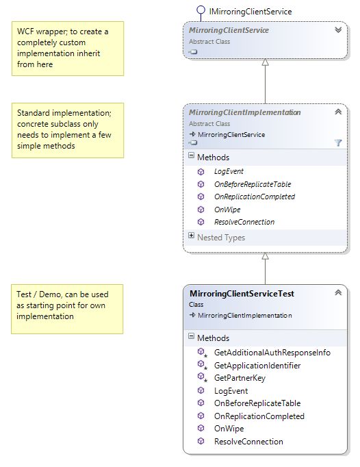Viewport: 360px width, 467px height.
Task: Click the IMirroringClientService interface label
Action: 253,12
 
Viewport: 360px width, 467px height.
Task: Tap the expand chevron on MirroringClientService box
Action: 337,30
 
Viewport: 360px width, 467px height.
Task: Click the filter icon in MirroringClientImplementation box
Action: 337,142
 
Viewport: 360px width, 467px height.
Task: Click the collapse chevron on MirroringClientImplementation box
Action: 337,112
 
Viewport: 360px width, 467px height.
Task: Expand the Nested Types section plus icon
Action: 191,236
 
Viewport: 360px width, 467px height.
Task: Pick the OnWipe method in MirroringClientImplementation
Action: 227,210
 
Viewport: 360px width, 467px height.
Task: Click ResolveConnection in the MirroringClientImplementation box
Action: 244,222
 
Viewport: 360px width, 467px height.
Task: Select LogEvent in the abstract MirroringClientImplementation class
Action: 229,171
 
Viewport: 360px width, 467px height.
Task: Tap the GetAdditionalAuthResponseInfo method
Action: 272,353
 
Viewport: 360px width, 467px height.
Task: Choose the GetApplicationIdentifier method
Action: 257,366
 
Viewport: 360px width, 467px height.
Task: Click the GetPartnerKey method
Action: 240,378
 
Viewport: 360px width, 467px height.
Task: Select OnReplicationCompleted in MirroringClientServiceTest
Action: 259,416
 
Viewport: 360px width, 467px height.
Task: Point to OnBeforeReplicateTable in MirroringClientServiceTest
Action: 257,403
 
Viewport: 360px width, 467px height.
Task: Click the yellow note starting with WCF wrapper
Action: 67,48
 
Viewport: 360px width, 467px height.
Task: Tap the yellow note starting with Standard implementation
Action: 67,130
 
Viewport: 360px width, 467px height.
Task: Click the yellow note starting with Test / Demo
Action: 67,309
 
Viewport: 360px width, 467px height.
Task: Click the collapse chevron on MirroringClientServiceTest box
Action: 337,293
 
